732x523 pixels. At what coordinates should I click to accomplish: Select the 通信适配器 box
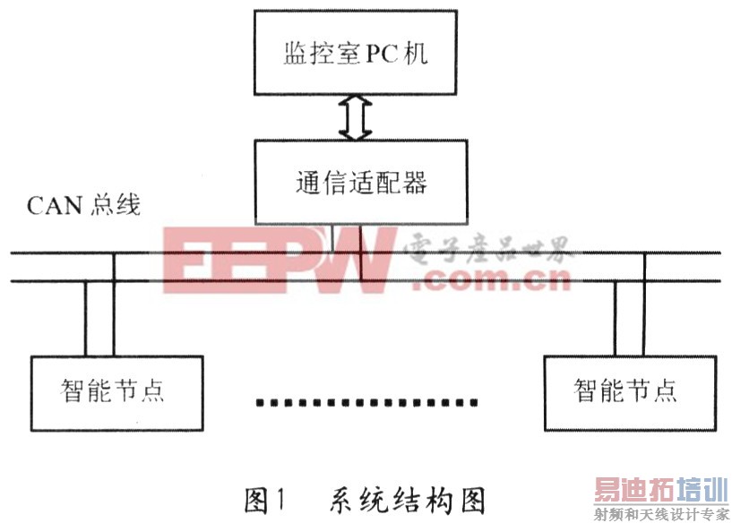[360, 182]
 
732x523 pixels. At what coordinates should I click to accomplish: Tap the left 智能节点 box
[113, 391]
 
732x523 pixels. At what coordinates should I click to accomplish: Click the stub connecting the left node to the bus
[100, 304]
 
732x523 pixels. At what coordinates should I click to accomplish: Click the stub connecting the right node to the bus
[628, 304]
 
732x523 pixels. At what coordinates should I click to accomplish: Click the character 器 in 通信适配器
[415, 183]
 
